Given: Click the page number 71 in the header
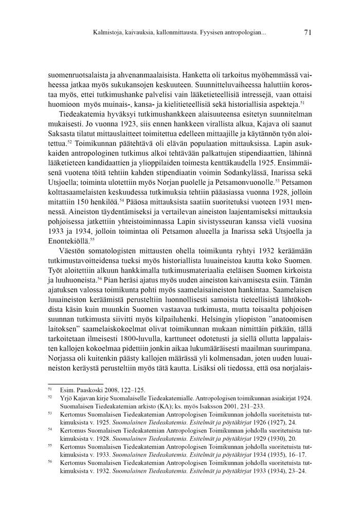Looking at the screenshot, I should click(x=308, y=32).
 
